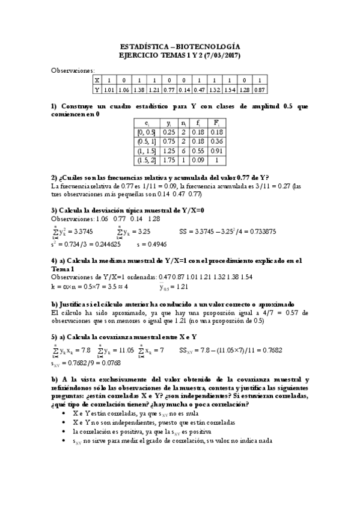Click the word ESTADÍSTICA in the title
tap(141, 46)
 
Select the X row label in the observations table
tap(96, 80)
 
